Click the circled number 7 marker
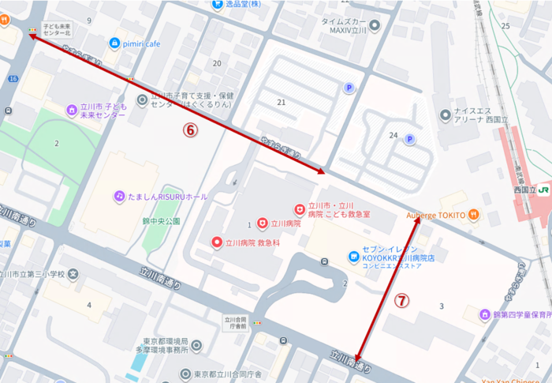tap(402, 300)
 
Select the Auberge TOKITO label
tap(436, 214)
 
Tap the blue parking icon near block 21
tap(349, 88)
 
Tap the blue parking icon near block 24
tap(409, 140)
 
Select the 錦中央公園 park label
tap(162, 221)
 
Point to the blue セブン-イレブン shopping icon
tap(353, 255)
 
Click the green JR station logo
tap(543, 190)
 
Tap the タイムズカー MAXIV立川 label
tap(340, 26)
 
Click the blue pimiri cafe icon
tap(115, 43)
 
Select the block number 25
tap(505, 26)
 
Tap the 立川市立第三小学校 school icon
tap(73, 275)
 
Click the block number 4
tap(89, 304)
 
